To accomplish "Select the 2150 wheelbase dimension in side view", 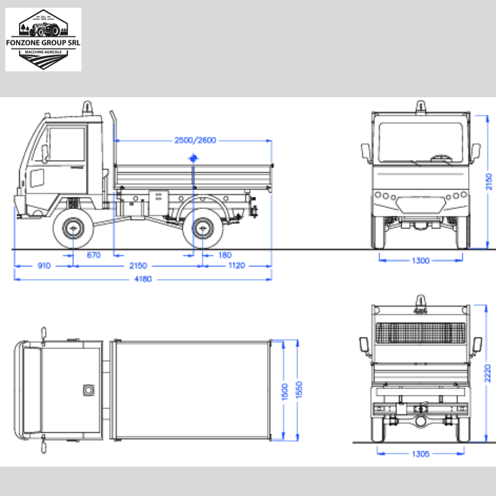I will (138, 266).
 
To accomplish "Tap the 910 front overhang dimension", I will (43, 266).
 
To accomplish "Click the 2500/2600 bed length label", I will (195, 141).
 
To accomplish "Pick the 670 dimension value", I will (93, 255).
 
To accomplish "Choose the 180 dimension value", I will (225, 255).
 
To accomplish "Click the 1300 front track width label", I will (421, 260).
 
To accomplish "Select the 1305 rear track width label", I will (420, 454).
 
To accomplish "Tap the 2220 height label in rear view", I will (488, 373).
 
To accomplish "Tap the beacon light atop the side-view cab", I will (88, 106).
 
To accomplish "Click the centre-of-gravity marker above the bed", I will (194, 158).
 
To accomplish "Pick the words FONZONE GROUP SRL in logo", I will (43, 42).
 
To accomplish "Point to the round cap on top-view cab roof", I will (89, 390).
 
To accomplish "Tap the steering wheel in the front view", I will (442, 157).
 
